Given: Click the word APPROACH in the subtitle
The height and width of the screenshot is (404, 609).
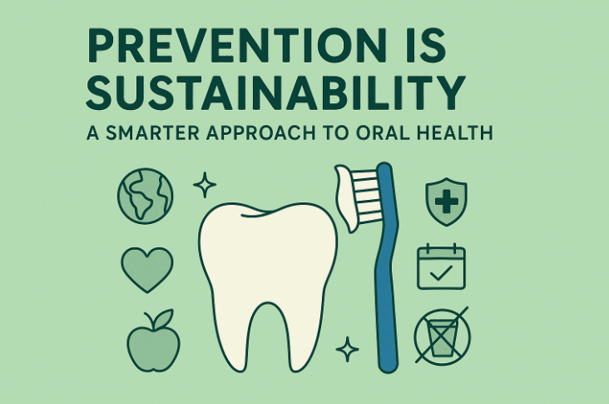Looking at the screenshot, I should coord(275,134).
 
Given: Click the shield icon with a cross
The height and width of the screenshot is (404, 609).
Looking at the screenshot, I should coord(446,200).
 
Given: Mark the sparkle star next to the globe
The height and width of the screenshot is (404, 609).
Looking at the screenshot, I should coord(204,185).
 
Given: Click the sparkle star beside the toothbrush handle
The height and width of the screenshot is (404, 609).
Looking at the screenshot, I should coord(347,348).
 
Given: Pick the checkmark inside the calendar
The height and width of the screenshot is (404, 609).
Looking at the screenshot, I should coord(441,272).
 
